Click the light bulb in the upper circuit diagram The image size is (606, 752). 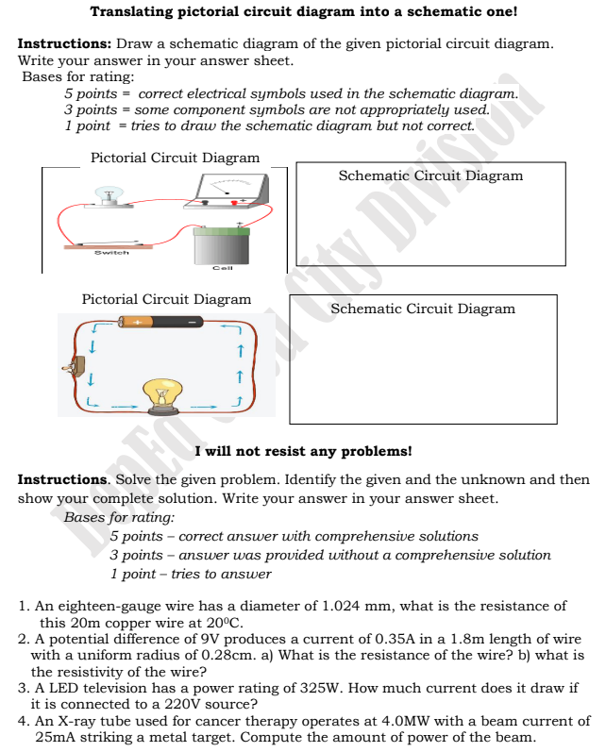pos(109,194)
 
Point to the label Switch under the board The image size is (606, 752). pos(110,252)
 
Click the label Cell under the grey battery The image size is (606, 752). pos(222,268)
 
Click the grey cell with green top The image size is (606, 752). pos(222,245)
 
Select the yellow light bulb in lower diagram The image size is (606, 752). pos(162,395)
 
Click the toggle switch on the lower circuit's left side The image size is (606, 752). pos(68,366)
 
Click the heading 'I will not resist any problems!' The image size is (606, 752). pos(303,451)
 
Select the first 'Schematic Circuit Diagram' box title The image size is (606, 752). pos(430,175)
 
